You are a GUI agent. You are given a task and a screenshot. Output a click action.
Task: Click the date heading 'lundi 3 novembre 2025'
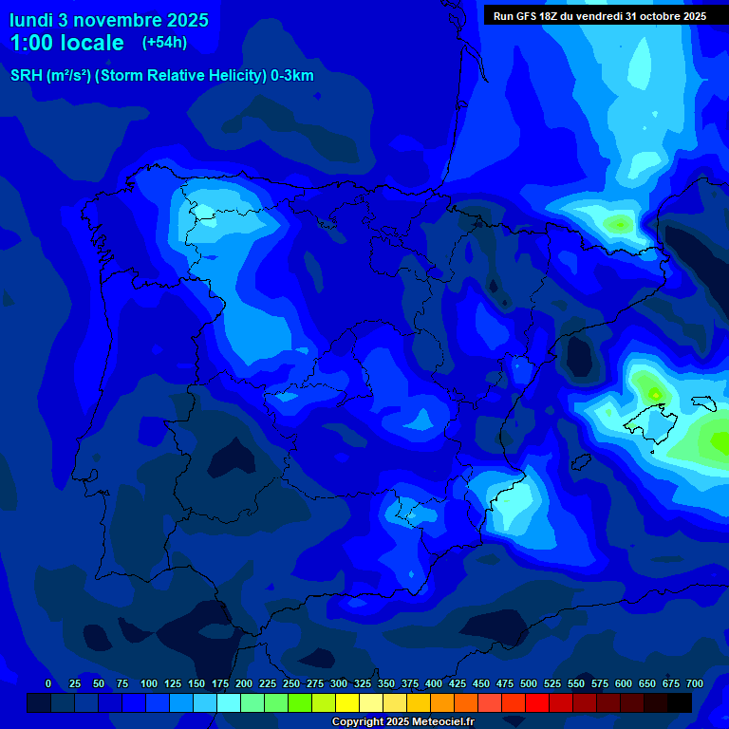pos(109,20)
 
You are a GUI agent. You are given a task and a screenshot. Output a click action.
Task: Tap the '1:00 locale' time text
pos(66,43)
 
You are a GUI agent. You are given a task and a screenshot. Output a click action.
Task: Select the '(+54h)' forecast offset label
pos(164,43)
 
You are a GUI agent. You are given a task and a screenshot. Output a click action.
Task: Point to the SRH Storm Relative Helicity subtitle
pos(161,76)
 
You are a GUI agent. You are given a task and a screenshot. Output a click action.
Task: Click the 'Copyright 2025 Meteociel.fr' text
pos(403,722)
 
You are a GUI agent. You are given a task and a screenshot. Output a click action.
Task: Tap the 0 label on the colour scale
pos(48,683)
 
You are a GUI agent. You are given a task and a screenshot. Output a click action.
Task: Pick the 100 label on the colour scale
pos(149,683)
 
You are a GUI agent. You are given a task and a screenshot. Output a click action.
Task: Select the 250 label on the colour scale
pos(291,683)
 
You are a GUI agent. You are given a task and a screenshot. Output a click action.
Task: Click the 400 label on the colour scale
pos(434,683)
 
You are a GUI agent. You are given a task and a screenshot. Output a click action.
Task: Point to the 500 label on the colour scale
pos(529,683)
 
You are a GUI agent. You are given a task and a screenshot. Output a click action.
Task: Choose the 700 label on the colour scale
pos(695,683)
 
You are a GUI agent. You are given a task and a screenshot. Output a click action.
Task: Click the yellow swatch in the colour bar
pos(347,702)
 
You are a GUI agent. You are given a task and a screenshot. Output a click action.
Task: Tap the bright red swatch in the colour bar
pos(537,702)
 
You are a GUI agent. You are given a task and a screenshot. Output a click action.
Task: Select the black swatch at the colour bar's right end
pos(680,702)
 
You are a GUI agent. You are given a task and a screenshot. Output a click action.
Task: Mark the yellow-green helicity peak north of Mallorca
pos(652,389)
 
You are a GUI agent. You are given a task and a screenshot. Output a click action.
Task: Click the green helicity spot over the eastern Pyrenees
pos(619,224)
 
